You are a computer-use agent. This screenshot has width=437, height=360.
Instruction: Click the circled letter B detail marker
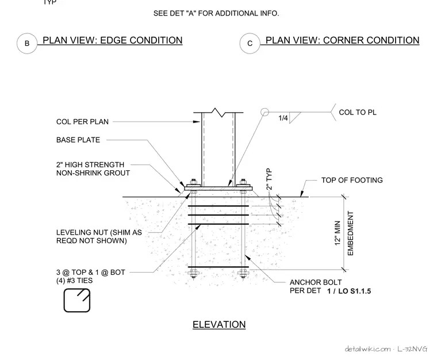click(27, 44)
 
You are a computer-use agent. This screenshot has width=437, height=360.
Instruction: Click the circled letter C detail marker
click(250, 44)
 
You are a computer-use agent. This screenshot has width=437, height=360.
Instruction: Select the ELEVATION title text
click(219, 324)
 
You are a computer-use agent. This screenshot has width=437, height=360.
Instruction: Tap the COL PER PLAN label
click(82, 122)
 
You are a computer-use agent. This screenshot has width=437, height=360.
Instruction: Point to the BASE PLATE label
click(78, 140)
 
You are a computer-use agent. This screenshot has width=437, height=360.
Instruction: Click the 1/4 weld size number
click(283, 118)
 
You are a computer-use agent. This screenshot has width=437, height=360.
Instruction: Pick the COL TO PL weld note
click(358, 112)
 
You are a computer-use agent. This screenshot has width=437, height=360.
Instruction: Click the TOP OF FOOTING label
click(352, 180)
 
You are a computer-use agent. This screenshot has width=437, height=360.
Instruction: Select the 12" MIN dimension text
click(338, 233)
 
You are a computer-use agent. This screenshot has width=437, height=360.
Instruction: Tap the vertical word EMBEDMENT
click(351, 233)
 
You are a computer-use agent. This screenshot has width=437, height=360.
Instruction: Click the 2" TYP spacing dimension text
click(269, 179)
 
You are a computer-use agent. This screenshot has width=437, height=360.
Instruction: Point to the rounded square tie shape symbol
click(77, 300)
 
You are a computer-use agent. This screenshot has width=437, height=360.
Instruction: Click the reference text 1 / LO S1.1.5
click(349, 292)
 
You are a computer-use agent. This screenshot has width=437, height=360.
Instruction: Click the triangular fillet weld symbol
click(295, 117)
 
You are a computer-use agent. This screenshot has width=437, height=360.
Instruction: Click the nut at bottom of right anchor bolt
click(243, 274)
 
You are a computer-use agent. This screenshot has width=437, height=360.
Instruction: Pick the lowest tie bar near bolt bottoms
click(218, 267)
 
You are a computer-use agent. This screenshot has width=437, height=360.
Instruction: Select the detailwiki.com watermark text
click(367, 349)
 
